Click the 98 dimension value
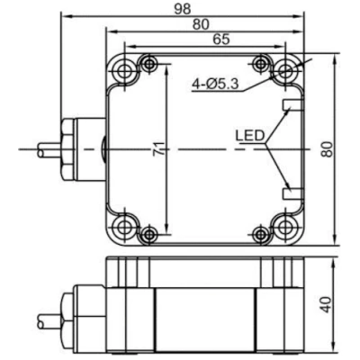183,9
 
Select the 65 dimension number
221,40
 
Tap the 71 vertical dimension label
159,148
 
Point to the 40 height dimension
327,304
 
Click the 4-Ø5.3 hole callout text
215,85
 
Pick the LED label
249,136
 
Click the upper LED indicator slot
292,104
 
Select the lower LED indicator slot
292,193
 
